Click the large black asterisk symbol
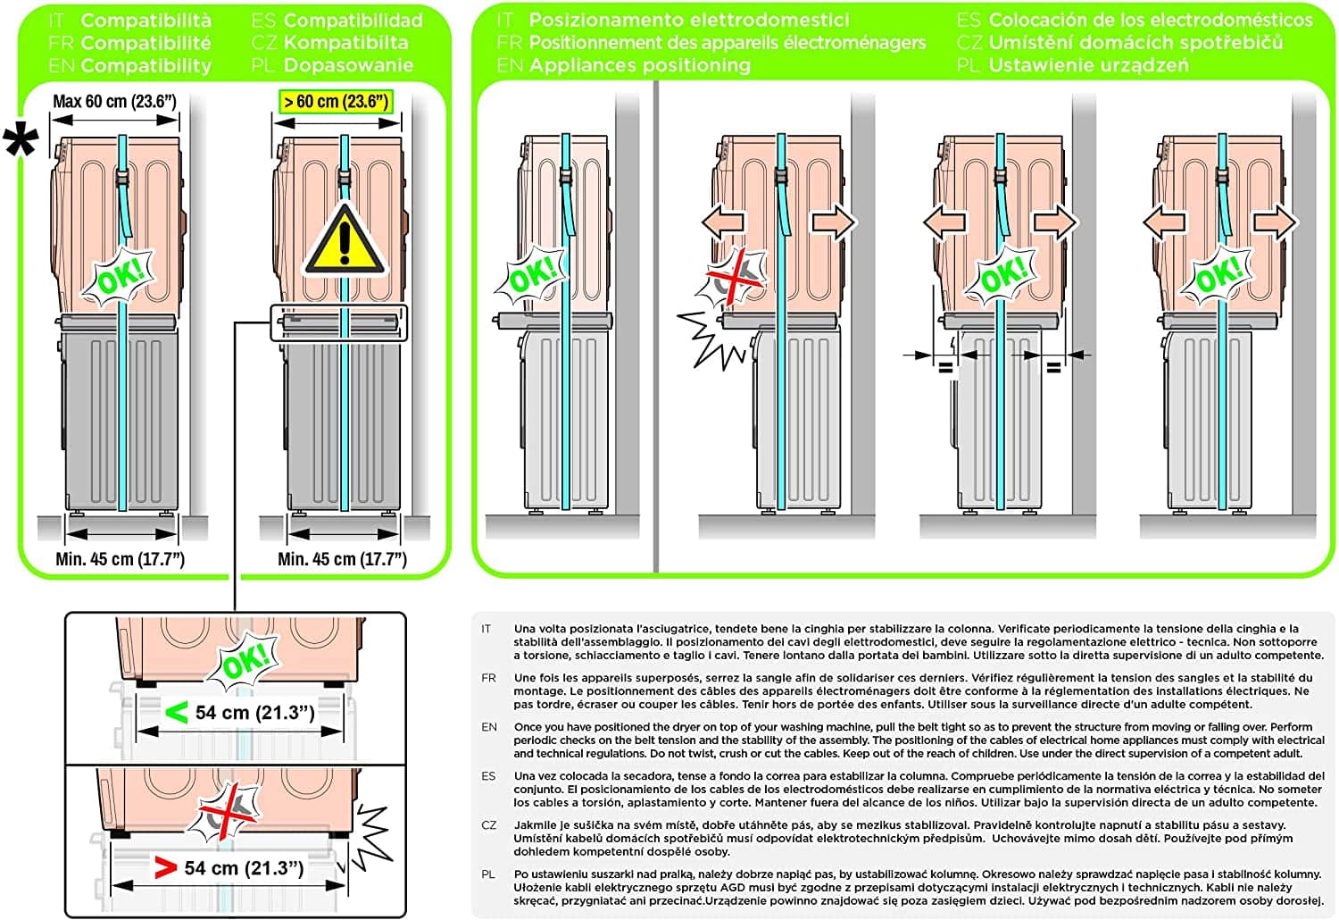coord(21,142)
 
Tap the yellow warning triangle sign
coord(345,240)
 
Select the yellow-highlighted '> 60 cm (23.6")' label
coord(337,102)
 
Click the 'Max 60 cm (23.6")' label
coord(114,102)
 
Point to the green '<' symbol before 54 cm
coord(176,713)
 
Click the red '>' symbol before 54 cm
coord(165,867)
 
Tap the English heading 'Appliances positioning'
coord(639,65)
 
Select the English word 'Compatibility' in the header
coord(146,65)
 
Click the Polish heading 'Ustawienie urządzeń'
coord(1088,65)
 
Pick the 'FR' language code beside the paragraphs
coord(488,678)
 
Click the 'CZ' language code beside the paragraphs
coord(488,825)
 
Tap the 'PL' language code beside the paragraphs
coord(488,874)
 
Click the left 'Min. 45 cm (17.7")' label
coord(120,559)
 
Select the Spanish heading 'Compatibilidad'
coord(353,20)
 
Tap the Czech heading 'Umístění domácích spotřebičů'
coord(1135,43)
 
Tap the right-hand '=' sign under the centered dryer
coord(1053,366)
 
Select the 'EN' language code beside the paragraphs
coord(489,727)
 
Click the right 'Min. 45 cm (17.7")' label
coord(342,559)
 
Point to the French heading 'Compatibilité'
coord(146,43)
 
